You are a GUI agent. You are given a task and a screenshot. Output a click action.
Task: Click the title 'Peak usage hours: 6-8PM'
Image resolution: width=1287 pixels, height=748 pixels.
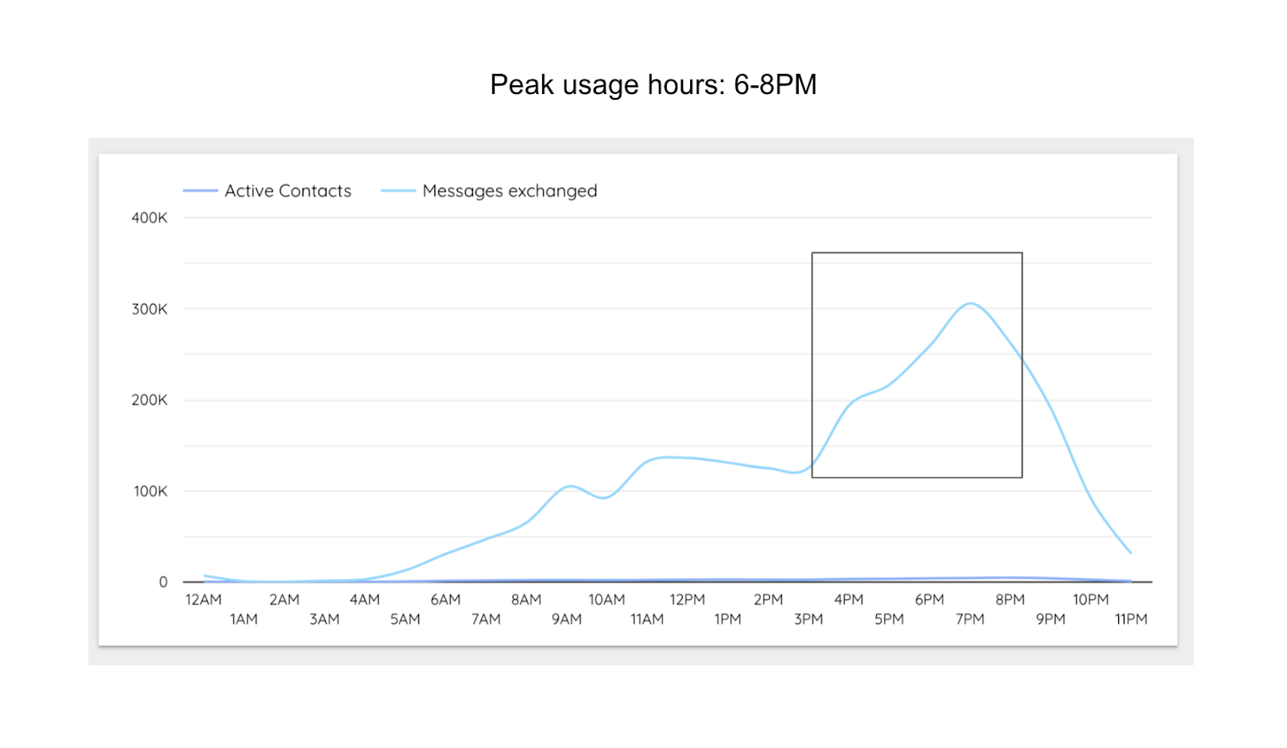click(653, 84)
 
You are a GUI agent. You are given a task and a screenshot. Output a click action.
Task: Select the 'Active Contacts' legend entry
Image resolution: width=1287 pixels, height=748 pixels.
click(287, 191)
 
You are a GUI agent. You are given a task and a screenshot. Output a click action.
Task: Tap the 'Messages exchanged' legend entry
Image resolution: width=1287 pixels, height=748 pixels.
click(509, 191)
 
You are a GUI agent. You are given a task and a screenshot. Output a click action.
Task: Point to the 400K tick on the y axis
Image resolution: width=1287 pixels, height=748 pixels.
click(150, 218)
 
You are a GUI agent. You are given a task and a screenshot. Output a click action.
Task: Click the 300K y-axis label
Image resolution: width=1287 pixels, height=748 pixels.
click(150, 309)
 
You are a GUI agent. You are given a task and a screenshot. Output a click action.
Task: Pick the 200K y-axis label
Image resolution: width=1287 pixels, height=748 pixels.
click(150, 400)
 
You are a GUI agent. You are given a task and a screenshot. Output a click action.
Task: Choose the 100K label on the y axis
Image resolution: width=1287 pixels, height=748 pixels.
click(150, 491)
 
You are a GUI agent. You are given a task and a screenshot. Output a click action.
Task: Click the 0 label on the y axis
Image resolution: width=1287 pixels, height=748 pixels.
click(163, 582)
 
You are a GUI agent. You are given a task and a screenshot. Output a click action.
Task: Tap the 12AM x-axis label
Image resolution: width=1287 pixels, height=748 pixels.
click(204, 600)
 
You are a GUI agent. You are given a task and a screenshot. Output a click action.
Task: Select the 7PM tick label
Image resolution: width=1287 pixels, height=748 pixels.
click(970, 619)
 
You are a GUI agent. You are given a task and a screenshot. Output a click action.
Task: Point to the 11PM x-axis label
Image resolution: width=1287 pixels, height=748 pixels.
click(1131, 619)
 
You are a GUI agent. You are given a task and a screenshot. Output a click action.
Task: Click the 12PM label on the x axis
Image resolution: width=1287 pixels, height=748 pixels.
click(687, 600)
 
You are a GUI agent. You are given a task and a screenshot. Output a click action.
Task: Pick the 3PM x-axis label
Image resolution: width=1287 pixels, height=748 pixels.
click(808, 619)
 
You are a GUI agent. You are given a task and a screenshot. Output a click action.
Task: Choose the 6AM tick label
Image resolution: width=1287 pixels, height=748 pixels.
click(446, 600)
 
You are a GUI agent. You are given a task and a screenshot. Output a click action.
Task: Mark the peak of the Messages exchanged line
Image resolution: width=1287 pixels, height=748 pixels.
click(971, 303)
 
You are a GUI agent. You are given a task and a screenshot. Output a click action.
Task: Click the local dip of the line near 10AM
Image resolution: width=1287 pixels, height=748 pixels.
click(604, 498)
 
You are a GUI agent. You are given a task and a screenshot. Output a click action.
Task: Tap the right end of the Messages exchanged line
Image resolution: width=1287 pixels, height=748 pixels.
click(1131, 553)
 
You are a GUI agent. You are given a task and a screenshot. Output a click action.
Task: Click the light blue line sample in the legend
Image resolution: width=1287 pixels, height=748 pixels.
click(398, 191)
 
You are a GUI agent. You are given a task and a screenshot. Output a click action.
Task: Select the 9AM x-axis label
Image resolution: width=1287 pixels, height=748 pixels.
click(566, 619)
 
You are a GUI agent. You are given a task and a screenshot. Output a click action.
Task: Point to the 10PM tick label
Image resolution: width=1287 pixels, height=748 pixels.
click(1091, 600)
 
